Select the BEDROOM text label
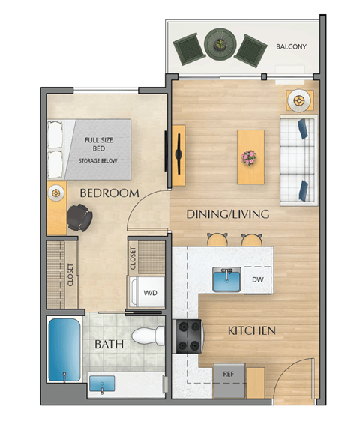pos(109,193)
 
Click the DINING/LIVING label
pos(227,215)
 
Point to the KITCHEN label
pos(252,330)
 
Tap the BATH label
pos(109,345)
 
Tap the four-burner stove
pos(187,336)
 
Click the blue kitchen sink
pos(225,280)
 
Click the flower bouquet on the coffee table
pos(249,157)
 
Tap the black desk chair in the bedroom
pos(79,218)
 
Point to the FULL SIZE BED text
pos(99,144)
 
